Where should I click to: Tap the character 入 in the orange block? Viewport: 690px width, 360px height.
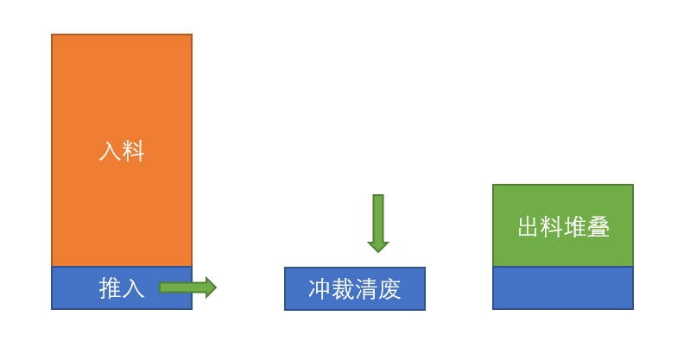(x=110, y=152)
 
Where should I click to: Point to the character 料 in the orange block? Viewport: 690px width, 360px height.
(x=133, y=152)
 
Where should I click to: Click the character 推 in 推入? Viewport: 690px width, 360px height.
(x=110, y=288)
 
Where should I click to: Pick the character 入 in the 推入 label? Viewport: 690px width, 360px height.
(x=133, y=288)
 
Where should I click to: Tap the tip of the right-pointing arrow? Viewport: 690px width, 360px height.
(x=214, y=287)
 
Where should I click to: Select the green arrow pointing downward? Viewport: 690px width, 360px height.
(x=378, y=221)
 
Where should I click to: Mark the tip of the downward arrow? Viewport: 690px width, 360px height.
(x=378, y=250)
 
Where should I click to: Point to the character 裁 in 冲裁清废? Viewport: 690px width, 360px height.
(x=343, y=289)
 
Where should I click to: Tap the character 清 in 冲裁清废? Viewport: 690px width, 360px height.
(x=366, y=289)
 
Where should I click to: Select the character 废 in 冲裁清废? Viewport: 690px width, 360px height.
(x=389, y=289)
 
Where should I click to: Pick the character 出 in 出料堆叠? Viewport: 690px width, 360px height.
(x=529, y=227)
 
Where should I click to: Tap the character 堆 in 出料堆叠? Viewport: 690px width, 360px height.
(x=575, y=227)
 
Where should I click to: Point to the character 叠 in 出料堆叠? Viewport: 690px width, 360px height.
(x=598, y=227)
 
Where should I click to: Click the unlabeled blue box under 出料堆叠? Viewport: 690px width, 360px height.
(x=563, y=287)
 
